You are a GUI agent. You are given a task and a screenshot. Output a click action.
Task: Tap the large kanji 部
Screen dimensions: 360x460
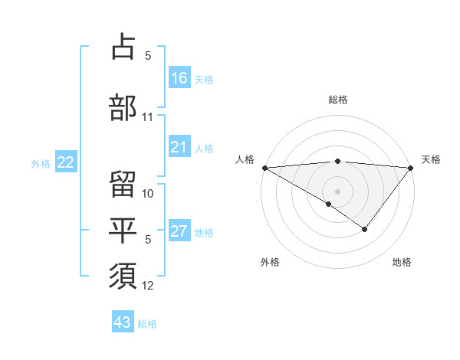coord(123,107)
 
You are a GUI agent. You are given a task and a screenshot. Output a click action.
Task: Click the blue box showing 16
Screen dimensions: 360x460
coord(179,78)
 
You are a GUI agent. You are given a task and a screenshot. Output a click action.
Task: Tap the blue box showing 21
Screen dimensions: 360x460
coord(179,148)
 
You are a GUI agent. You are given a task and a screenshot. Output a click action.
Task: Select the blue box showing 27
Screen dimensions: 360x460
coord(179,231)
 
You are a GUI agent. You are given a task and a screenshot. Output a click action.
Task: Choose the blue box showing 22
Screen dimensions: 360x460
coord(66,162)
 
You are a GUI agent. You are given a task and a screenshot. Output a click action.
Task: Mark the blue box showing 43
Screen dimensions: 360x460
coord(123,322)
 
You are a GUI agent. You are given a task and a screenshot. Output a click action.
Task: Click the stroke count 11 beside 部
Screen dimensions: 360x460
coord(148,117)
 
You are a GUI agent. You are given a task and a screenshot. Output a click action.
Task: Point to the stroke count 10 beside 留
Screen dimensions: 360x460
coord(148,193)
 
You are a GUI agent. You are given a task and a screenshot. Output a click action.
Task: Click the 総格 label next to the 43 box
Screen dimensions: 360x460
coord(147,324)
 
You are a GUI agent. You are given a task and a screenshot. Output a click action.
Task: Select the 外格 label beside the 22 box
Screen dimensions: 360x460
coord(41,163)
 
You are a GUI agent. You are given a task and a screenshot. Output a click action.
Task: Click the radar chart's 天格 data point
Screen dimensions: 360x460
coord(411,167)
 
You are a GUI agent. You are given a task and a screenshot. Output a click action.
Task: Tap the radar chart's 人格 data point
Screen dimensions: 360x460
coord(264,167)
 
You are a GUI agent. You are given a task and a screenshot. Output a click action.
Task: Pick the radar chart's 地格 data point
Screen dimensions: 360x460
coord(365,229)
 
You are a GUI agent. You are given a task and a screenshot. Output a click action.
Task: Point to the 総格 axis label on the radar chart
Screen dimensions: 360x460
coord(337,100)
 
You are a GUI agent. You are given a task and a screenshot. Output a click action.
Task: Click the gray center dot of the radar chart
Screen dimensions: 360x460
coord(337,190)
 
